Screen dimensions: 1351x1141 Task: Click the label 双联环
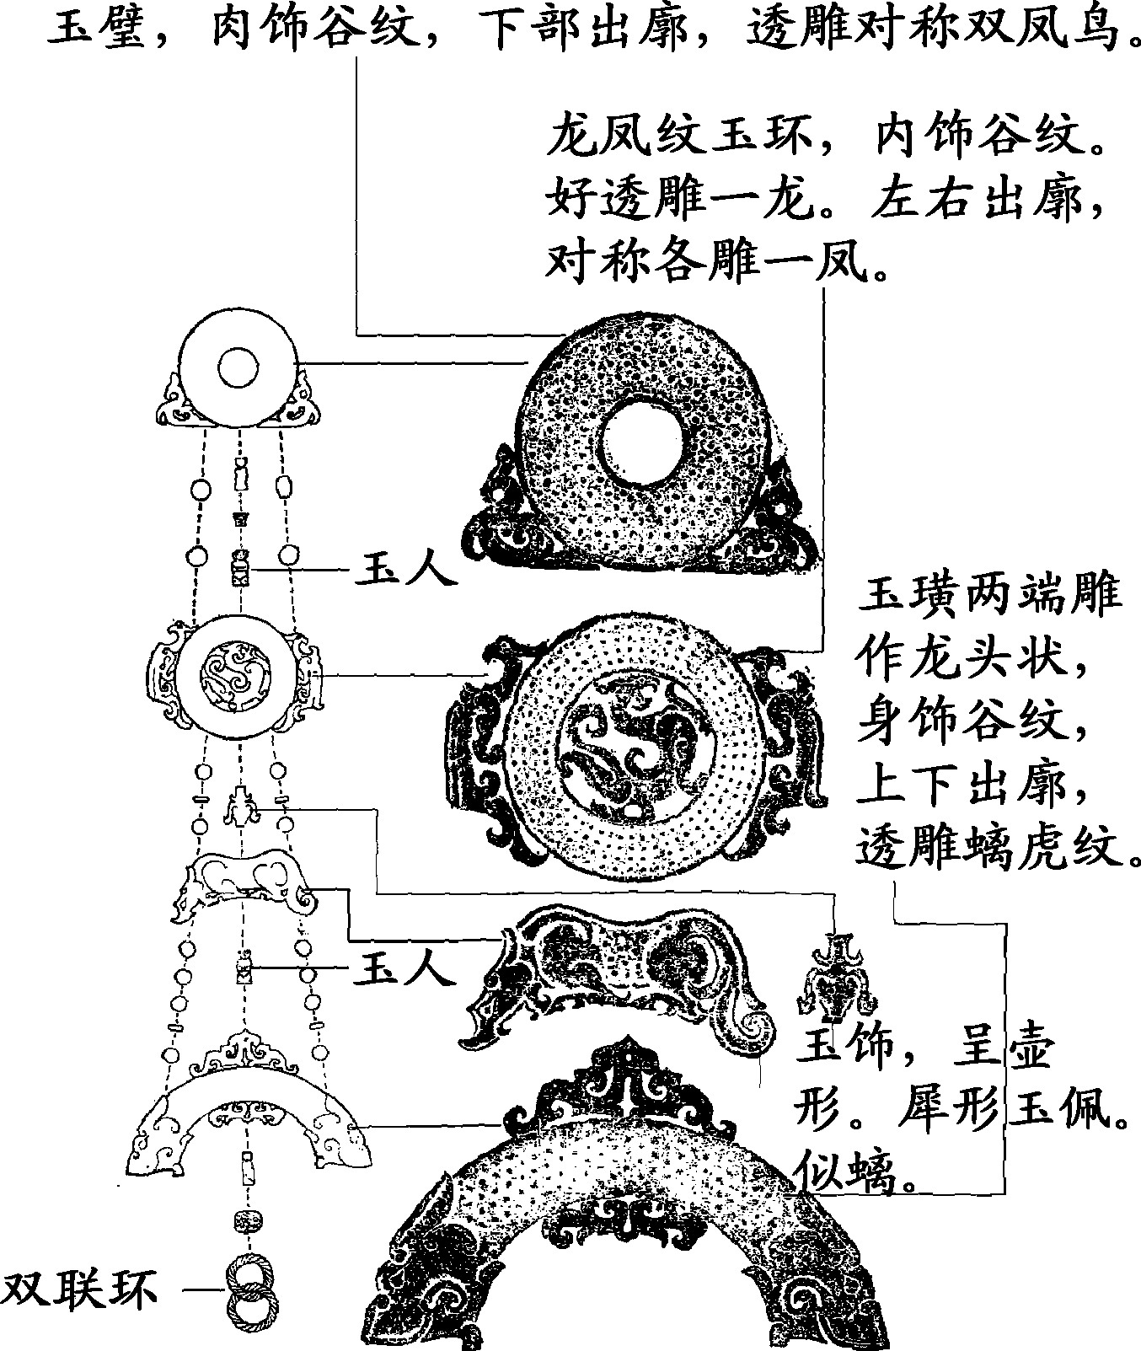point(80,1289)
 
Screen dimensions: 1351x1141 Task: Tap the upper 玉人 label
point(404,570)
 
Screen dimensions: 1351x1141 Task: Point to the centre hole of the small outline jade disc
point(238,367)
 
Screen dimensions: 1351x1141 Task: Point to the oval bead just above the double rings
point(247,1221)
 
